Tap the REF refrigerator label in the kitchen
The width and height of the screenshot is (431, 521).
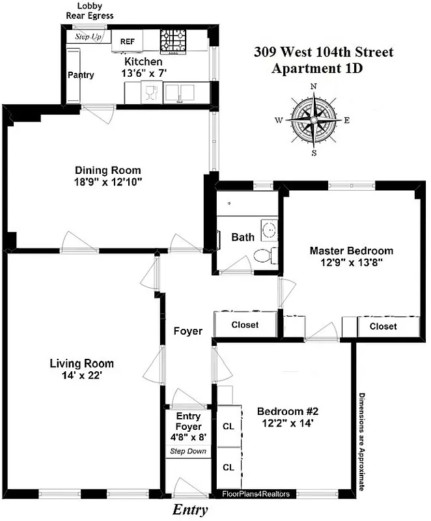[128, 42]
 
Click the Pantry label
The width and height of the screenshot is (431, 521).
[81, 75]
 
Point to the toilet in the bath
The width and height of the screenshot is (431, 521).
[266, 255]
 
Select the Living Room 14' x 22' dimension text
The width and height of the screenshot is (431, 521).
[81, 376]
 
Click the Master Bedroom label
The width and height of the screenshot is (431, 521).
[351, 251]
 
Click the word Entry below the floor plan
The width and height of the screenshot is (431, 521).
[191, 510]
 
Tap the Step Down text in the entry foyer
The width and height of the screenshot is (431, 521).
[188, 451]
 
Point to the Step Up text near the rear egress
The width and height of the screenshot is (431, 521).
[89, 36]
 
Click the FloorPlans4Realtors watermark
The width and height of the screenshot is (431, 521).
[255, 494]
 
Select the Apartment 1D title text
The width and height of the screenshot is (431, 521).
[317, 68]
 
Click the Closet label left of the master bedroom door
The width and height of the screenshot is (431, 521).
[245, 324]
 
